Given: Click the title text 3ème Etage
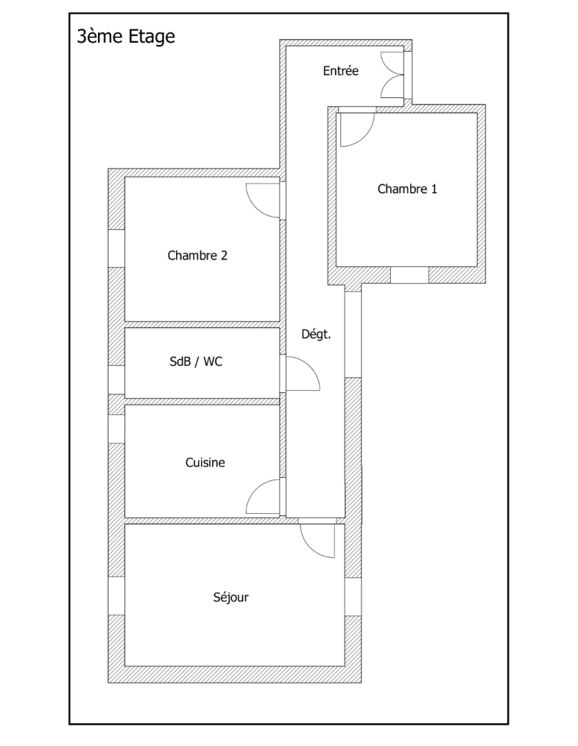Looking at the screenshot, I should click(x=126, y=36).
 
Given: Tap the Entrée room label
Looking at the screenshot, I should click(x=340, y=70).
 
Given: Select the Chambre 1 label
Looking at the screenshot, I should click(x=407, y=189).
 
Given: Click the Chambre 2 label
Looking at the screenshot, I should click(x=198, y=255).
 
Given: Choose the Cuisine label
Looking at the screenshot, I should click(x=205, y=462).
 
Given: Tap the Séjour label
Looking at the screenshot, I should click(x=231, y=597).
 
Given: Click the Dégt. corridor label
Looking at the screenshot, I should click(x=316, y=334).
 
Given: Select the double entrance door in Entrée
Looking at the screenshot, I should click(x=392, y=74).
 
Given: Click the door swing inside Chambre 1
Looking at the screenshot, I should click(x=355, y=129).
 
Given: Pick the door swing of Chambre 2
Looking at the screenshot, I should click(x=264, y=200).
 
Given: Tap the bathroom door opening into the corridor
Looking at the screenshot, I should click(x=302, y=374).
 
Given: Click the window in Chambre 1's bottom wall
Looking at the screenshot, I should click(x=410, y=275).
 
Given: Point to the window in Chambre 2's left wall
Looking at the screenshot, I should click(x=116, y=248).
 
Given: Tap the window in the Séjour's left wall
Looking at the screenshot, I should click(x=116, y=595).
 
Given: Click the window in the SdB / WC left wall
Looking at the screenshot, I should click(x=116, y=379).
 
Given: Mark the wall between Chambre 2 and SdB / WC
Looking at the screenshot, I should click(x=202, y=324).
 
